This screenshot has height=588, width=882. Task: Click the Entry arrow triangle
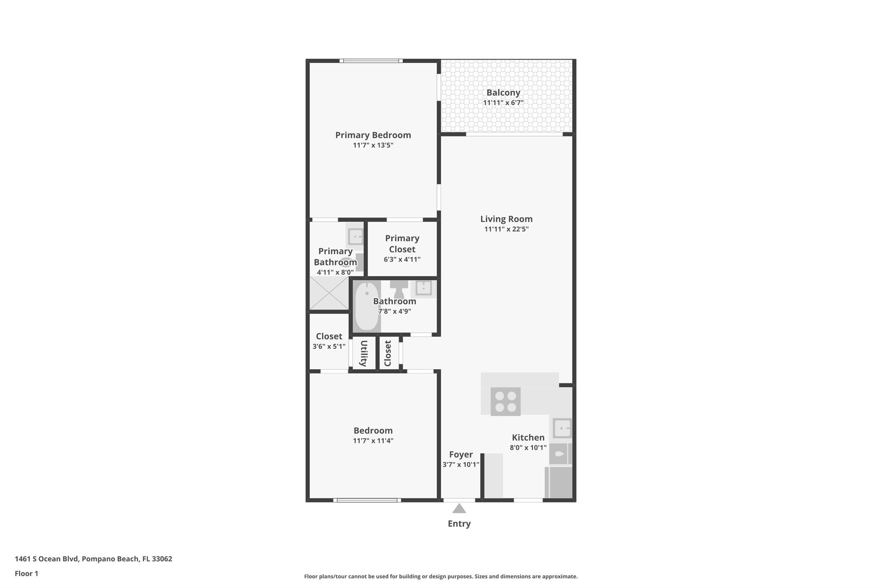pyautogui.click(x=459, y=509)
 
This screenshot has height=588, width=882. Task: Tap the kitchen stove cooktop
pyautogui.click(x=505, y=401)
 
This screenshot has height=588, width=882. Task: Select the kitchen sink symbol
pyautogui.click(x=562, y=429)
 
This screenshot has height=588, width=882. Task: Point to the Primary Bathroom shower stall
pyautogui.click(x=329, y=293)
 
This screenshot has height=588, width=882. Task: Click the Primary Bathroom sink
pyautogui.click(x=356, y=236)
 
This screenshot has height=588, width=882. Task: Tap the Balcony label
pyautogui.click(x=503, y=93)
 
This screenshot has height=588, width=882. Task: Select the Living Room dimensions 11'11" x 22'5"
pyautogui.click(x=506, y=229)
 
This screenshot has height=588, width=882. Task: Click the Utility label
pyautogui.click(x=363, y=353)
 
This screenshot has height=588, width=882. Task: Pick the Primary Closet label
pyautogui.click(x=402, y=244)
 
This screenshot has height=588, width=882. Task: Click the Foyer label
pyautogui.click(x=461, y=454)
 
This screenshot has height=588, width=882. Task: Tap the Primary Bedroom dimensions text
pyautogui.click(x=373, y=145)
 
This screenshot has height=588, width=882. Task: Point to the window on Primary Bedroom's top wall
pyautogui.click(x=371, y=61)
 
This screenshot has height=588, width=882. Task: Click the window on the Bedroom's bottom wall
pyautogui.click(x=367, y=500)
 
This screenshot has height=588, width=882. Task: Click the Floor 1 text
pyautogui.click(x=26, y=573)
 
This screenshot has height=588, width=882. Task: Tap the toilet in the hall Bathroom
pyautogui.click(x=399, y=289)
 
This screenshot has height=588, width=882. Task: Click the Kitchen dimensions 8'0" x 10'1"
pyautogui.click(x=528, y=448)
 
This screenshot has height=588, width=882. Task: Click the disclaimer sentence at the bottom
pyautogui.click(x=441, y=576)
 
